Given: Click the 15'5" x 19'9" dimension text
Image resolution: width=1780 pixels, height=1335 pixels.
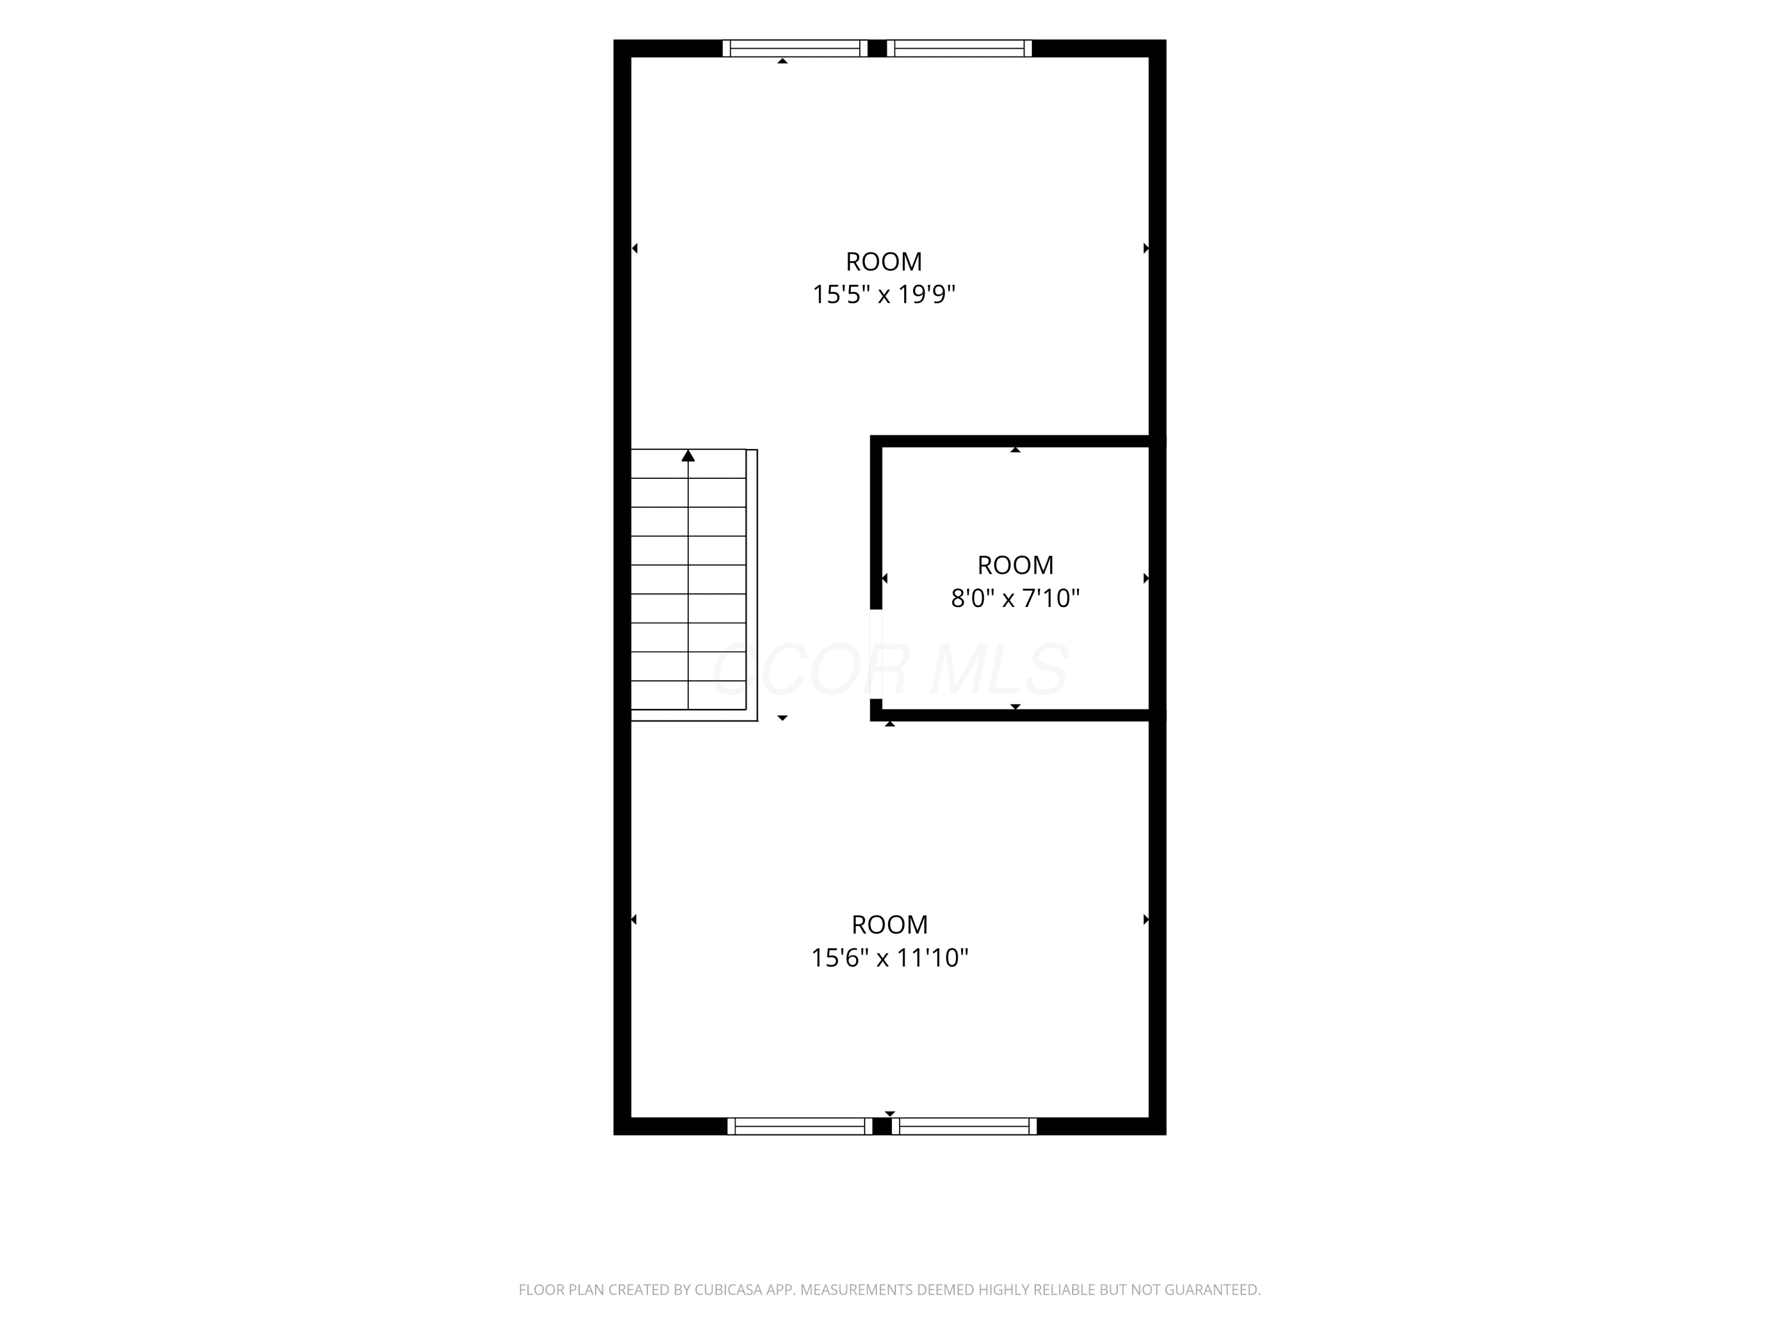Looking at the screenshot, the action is tap(883, 294).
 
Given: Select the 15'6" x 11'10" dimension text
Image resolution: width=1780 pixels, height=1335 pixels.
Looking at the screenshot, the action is tap(889, 958).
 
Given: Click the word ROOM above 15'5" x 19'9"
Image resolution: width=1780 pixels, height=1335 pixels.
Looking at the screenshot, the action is tap(883, 262).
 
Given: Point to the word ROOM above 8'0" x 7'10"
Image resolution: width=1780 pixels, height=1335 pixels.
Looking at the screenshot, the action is tap(1016, 565).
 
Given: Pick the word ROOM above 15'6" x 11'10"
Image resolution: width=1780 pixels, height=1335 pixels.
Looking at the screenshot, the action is tap(889, 924).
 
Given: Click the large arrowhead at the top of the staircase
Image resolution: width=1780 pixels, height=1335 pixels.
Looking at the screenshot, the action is tap(688, 456).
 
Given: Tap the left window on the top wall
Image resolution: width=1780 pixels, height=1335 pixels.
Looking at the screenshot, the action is tap(795, 48).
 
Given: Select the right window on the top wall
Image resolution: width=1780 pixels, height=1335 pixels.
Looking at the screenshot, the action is tap(959, 48).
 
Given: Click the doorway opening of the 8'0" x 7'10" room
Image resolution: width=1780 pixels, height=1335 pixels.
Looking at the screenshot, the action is tap(876, 654).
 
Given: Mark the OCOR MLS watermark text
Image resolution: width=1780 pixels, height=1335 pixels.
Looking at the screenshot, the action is tap(890, 669).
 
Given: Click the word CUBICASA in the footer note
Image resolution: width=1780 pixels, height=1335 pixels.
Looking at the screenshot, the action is tap(728, 1290).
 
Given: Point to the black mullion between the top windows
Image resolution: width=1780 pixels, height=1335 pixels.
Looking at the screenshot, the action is tap(877, 48).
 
